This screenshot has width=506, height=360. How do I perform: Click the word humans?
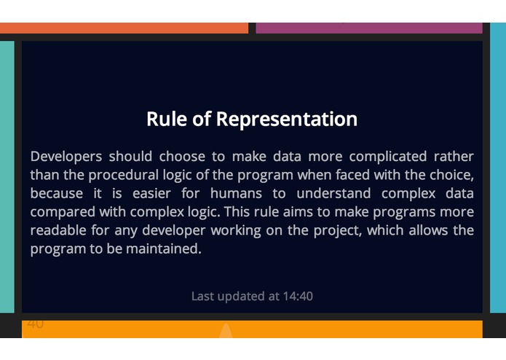click(236, 194)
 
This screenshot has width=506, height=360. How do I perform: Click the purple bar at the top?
click(369, 28)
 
